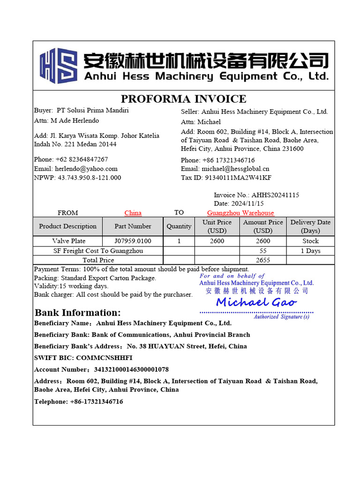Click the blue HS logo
tap(59, 66)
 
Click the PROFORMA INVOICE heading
tap(183, 99)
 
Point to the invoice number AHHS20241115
tap(275, 195)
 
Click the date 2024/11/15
tap(247, 203)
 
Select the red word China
tap(133, 213)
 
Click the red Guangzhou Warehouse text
tap(240, 213)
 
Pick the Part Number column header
tap(133, 226)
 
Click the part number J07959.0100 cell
tap(133, 241)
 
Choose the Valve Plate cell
tap(68, 241)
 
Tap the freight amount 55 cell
tap(262, 251)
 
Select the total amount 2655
tap(263, 260)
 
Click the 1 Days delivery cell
tap(310, 251)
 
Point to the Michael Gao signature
tap(256, 302)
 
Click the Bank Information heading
tap(78, 313)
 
